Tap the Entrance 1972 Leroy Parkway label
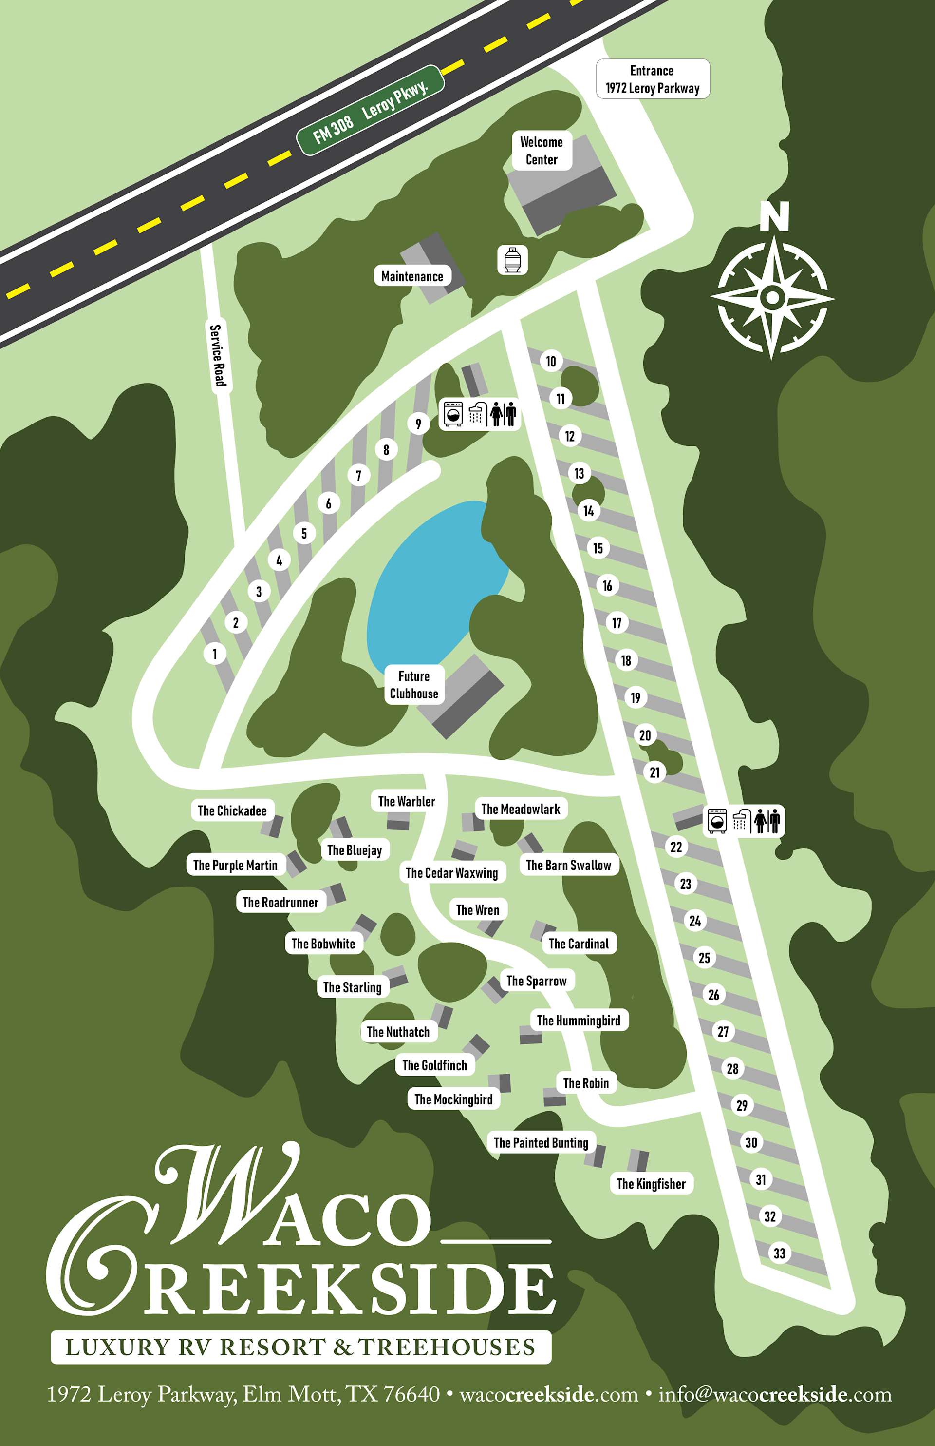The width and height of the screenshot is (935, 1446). [652, 79]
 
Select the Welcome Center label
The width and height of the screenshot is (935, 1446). [541, 151]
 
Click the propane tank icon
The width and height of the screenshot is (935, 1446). [512, 260]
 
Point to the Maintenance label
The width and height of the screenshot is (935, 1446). [412, 276]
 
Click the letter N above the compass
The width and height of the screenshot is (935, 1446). [774, 217]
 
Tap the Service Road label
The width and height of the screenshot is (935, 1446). [217, 355]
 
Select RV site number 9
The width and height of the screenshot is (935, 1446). [418, 424]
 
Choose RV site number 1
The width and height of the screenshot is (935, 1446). [214, 654]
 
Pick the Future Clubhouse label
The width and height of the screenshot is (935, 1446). [414, 685]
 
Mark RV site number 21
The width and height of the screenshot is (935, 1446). [654, 772]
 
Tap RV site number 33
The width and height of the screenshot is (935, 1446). [779, 1253]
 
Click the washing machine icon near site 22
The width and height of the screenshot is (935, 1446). [718, 821]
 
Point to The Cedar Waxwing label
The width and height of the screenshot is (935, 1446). [452, 873]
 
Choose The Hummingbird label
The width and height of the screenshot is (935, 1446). [579, 1020]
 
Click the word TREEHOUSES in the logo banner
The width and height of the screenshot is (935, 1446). [447, 1347]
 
